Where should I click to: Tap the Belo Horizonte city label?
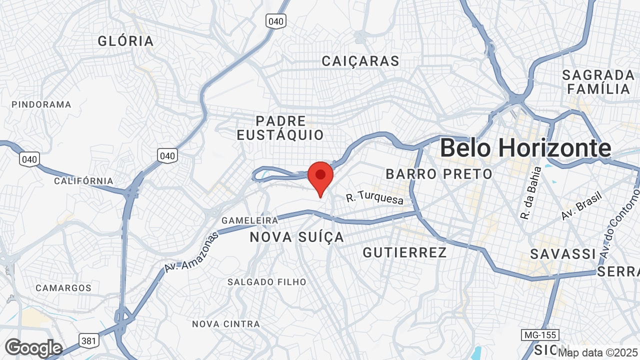(525, 148)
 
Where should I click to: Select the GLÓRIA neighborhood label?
(125, 41)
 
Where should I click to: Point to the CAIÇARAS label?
(360, 61)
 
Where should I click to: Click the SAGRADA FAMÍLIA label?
(598, 82)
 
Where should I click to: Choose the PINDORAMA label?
(41, 104)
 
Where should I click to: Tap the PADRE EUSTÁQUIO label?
(280, 128)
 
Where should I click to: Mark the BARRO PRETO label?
(439, 174)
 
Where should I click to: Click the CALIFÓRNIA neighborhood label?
(83, 180)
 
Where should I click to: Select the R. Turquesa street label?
(374, 198)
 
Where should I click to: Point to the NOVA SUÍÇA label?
(297, 237)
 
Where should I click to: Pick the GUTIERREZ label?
(404, 252)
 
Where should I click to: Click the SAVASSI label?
(563, 254)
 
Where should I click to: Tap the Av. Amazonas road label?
(191, 252)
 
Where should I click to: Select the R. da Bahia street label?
(530, 193)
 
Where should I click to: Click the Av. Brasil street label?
(581, 205)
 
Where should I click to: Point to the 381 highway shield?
(88, 341)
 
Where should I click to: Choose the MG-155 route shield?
(539, 334)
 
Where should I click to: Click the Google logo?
(33, 348)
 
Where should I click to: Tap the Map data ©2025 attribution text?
(598, 353)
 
